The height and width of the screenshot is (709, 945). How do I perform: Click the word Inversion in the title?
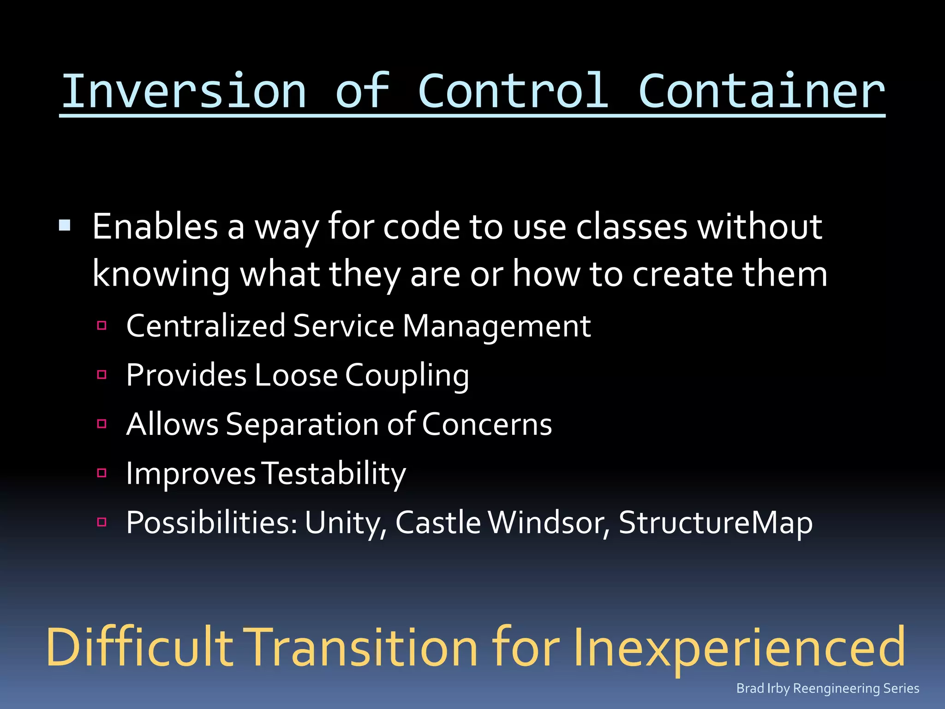point(184,91)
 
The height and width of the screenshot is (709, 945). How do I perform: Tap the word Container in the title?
point(761,91)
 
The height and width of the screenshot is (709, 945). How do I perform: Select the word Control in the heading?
point(513,91)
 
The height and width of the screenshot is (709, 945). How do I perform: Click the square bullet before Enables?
point(65,226)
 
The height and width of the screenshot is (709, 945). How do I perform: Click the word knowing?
point(161,275)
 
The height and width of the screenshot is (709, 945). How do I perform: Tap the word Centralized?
point(206,326)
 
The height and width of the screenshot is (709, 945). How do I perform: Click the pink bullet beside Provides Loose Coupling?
point(102,374)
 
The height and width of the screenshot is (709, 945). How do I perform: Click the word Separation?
point(302,425)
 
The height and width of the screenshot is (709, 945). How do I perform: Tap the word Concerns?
point(487,425)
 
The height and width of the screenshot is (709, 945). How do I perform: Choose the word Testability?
point(334,474)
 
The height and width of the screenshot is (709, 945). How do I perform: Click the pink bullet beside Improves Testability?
point(102,473)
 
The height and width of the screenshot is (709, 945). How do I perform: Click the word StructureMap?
point(715,523)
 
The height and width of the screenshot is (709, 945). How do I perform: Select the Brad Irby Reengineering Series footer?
point(827,688)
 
